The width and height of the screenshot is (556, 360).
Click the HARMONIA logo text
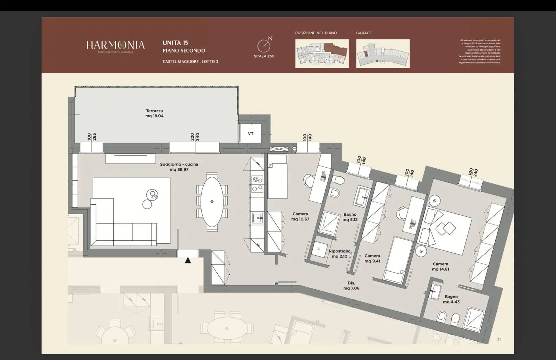[x=115, y=45]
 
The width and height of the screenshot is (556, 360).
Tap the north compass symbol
[x=264, y=45]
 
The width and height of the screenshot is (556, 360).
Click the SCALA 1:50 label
[x=264, y=56]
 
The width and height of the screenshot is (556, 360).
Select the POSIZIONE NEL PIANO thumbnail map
[x=322, y=53]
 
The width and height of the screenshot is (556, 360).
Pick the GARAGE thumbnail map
[x=383, y=53]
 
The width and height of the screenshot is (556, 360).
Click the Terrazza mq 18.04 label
[x=154, y=113]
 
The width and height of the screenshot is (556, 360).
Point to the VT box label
[x=251, y=134]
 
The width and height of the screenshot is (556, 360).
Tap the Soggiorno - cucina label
[x=179, y=167]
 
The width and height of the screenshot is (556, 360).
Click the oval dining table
[x=212, y=202]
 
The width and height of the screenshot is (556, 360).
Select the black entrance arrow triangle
[x=188, y=261]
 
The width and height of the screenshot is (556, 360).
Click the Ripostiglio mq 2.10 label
[x=339, y=254]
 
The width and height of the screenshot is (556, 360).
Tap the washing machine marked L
[x=319, y=249]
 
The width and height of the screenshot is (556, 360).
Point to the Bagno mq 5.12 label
[x=350, y=217]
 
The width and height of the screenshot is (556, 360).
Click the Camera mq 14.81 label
[x=440, y=266]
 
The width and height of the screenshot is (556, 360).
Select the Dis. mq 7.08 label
[x=351, y=286]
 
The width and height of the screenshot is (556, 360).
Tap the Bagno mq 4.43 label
[x=451, y=299]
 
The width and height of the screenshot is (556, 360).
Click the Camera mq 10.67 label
[x=300, y=216]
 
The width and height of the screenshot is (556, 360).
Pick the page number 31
[x=499, y=339]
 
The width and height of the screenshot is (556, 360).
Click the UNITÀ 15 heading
[x=175, y=43]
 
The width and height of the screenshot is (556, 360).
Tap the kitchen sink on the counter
[x=257, y=218]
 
